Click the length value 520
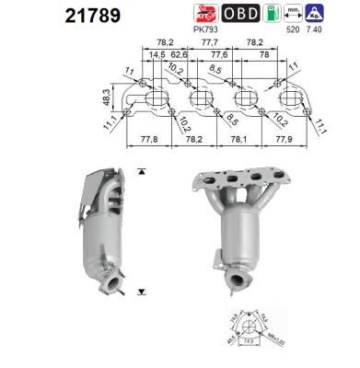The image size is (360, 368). click(294, 29)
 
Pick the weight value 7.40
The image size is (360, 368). click(317, 29)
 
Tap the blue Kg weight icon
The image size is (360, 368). click(318, 13)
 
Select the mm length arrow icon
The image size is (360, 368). click(294, 13)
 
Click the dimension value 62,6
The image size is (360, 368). click(178, 54)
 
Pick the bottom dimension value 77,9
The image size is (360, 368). click(281, 139)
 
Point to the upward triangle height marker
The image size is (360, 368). click(140, 172)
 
